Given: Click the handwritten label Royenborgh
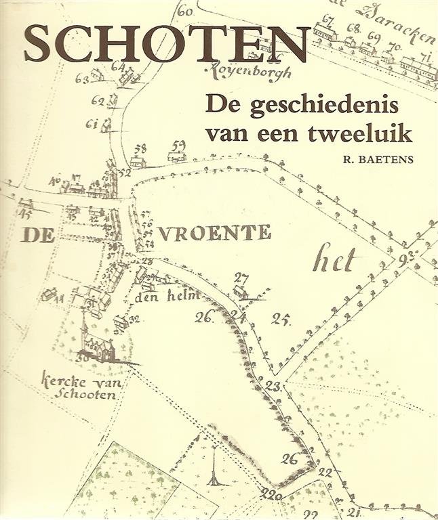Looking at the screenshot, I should point(243,68).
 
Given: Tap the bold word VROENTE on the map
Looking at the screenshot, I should point(215,233).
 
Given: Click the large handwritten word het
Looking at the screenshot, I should point(336,258).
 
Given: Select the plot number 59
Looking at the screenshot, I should point(178,145).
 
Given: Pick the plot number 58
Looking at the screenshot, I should point(140,149).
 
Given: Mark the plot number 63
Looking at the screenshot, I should point(83,79).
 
